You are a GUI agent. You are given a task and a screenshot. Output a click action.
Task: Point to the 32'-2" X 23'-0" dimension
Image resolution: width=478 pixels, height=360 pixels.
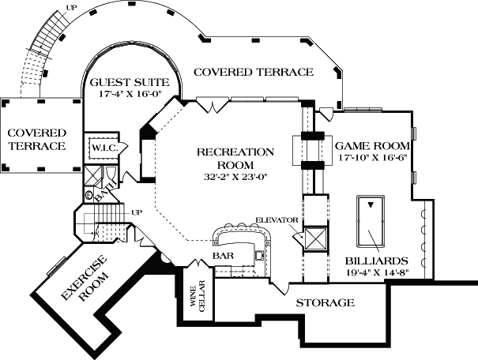point(235,177)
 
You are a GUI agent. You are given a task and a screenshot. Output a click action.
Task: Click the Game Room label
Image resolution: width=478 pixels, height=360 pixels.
point(372,146)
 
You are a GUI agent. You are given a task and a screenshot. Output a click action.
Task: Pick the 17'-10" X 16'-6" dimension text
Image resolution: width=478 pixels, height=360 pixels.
point(372,158)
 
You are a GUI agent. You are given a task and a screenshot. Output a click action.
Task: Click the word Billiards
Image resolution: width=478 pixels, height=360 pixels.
point(377,260)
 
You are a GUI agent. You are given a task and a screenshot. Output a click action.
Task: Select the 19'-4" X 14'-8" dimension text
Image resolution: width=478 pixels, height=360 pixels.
point(377,272)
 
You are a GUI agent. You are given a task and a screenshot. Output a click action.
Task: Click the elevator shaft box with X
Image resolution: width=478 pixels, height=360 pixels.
point(315,239)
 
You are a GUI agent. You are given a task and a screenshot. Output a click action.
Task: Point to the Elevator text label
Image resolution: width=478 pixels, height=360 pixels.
point(276,219)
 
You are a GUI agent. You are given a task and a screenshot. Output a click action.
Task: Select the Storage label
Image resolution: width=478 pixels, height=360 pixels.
point(325,303)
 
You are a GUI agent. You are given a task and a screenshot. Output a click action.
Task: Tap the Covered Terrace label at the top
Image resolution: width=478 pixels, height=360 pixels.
point(253,72)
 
